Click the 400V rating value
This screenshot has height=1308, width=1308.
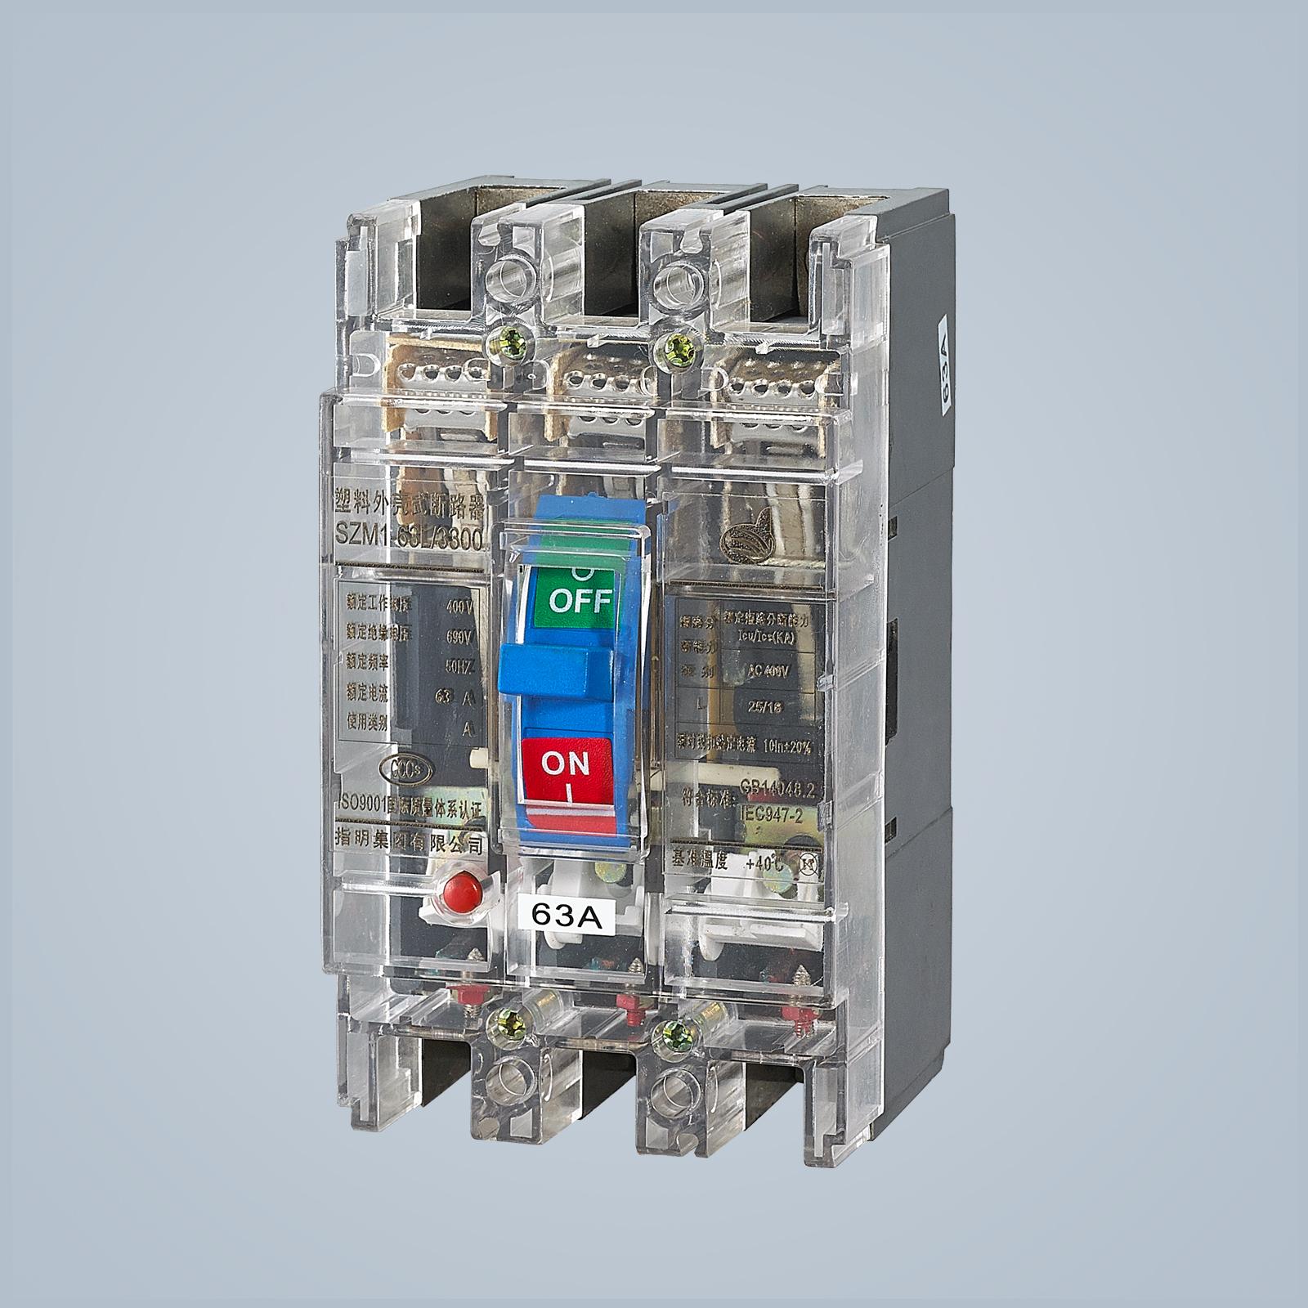460,606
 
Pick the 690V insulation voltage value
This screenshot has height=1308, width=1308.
460,635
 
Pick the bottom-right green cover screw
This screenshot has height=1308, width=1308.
675,1035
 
